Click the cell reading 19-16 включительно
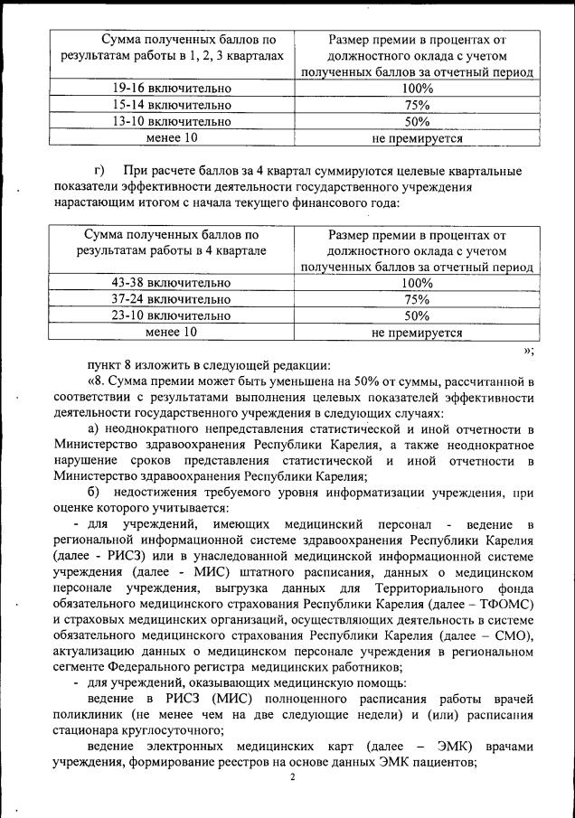tap(172, 89)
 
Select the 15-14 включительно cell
tap(172, 105)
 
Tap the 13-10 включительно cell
tap(172, 121)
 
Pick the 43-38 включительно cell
tap(171, 283)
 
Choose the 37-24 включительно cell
tap(171, 299)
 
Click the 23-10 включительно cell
tap(171, 315)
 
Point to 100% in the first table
tap(417, 89)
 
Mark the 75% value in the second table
tap(417, 299)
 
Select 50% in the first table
tap(417, 121)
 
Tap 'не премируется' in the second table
tap(417, 332)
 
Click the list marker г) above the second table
tap(99, 171)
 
